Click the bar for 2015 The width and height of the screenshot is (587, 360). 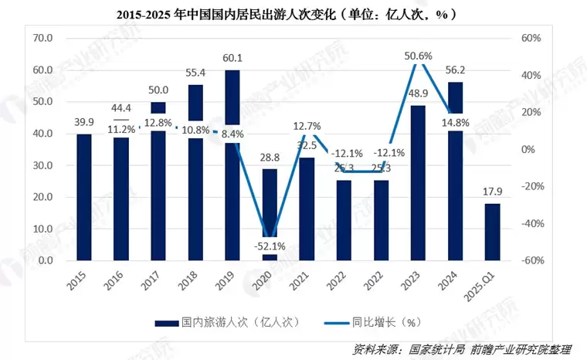[84, 197]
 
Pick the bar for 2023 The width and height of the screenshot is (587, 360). [418, 182]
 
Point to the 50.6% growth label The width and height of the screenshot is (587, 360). [418, 56]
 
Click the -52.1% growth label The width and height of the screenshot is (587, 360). [270, 246]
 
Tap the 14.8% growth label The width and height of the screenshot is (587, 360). [456, 121]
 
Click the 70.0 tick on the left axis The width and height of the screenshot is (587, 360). [42, 38]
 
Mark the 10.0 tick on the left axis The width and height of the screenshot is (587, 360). [42, 229]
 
